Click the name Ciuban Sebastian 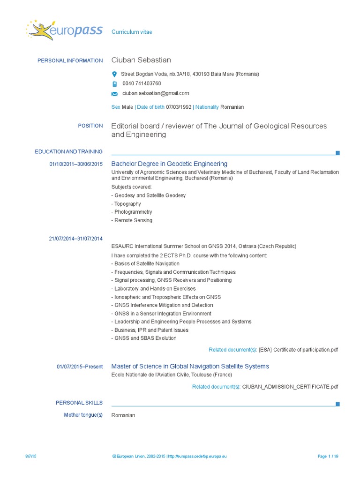click(x=141, y=60)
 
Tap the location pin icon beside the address click(x=114, y=74)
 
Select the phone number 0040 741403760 click(x=142, y=83)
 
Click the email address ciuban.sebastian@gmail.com click(x=156, y=93)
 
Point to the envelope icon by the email click(x=114, y=94)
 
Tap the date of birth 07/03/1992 click(x=179, y=107)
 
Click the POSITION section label click(x=90, y=126)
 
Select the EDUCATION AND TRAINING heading click(x=68, y=151)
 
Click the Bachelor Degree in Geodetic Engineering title click(x=169, y=164)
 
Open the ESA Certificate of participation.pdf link click(x=298, y=350)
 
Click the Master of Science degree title click(x=190, y=366)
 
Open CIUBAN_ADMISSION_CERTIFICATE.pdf click(x=290, y=387)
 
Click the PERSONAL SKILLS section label click(x=79, y=403)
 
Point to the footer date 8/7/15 click(x=31, y=456)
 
